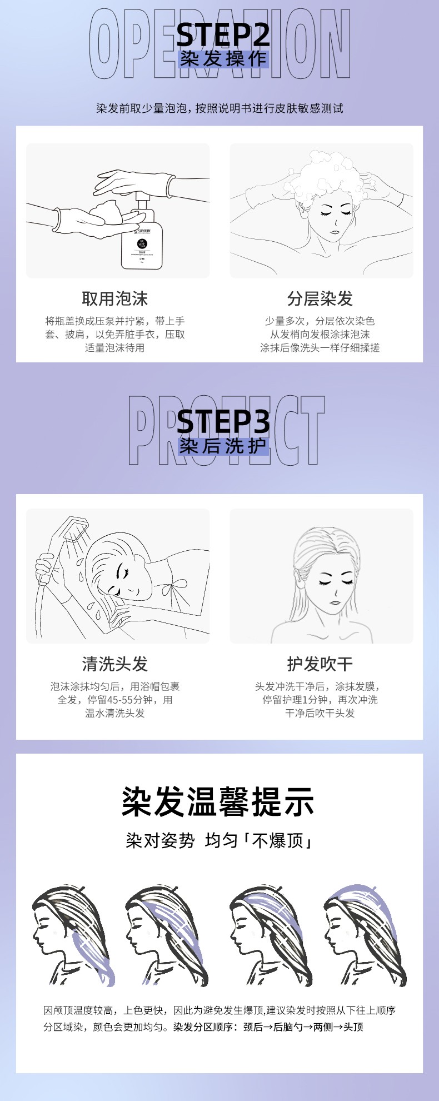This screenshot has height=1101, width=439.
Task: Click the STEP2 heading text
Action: (223, 35)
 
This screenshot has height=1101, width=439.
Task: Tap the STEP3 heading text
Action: (223, 422)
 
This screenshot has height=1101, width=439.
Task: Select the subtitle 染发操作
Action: (223, 59)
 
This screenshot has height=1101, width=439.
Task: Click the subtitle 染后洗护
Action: (223, 446)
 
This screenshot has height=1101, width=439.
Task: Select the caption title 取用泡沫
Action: (115, 299)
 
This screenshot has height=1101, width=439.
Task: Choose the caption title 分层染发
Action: (320, 299)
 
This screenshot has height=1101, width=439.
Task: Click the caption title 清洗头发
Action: (115, 664)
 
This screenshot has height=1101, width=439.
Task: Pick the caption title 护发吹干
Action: (320, 664)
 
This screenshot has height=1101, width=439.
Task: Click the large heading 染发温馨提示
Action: (218, 801)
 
